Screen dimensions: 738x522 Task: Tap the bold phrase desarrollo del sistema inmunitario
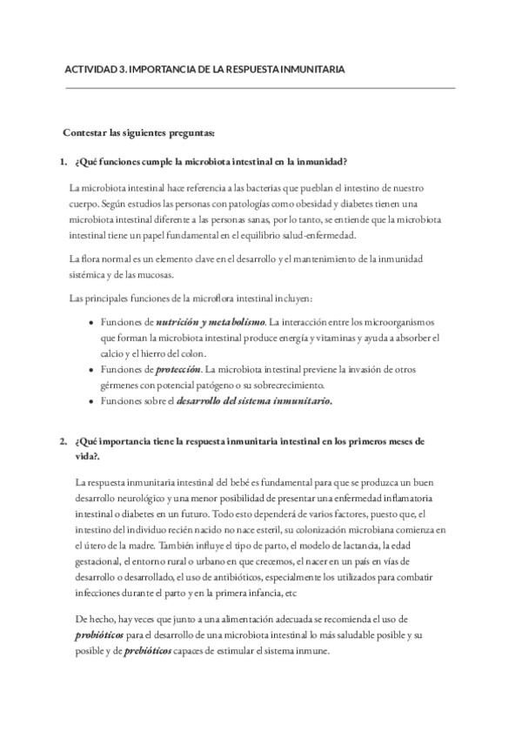click(x=254, y=401)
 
